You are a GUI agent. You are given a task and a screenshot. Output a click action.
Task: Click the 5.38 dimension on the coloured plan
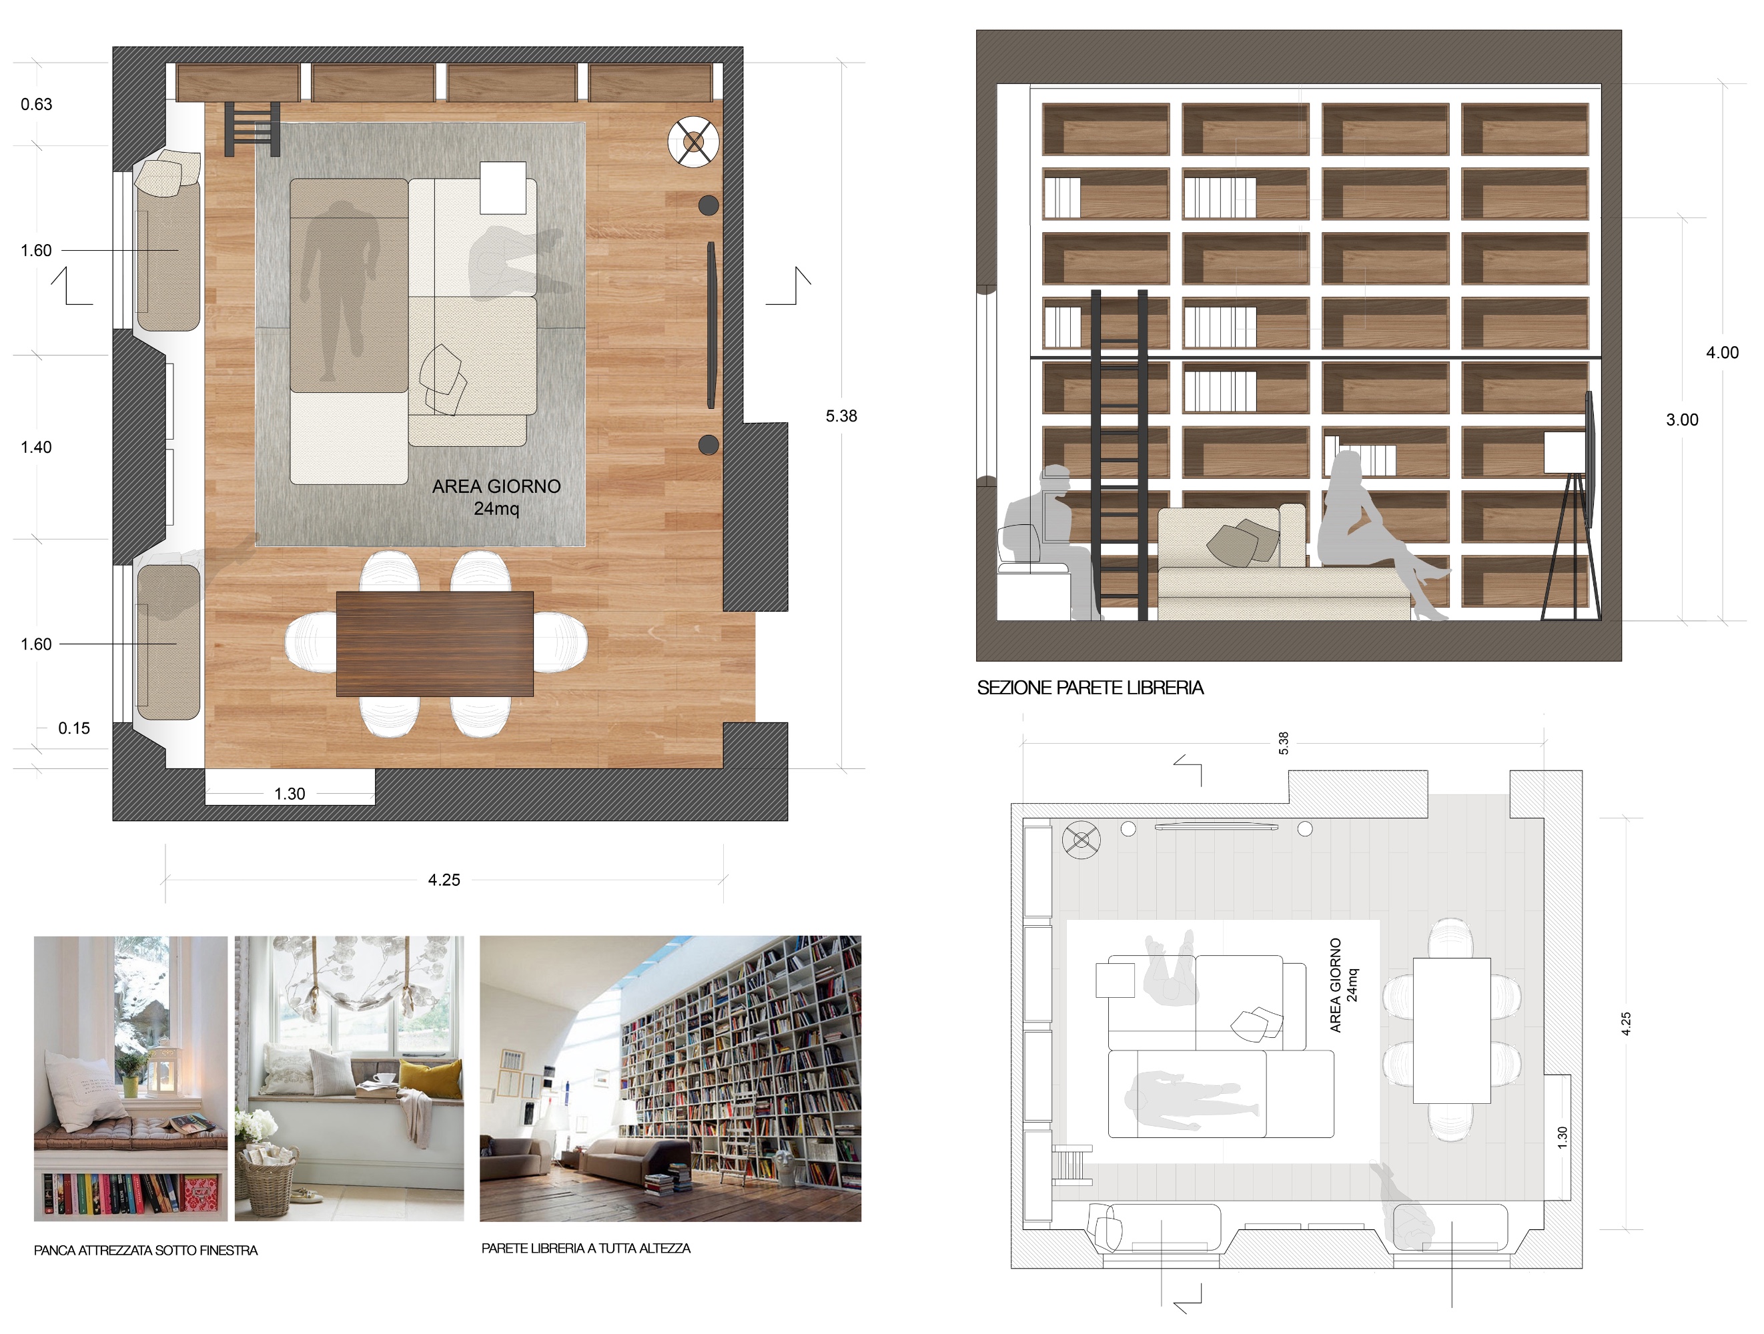(841, 416)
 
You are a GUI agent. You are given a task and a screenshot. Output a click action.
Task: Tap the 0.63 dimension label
(37, 105)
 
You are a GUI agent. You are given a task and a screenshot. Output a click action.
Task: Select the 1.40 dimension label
(36, 448)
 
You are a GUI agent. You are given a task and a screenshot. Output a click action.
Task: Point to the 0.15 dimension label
(74, 728)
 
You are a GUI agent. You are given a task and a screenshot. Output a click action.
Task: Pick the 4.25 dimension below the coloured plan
(444, 880)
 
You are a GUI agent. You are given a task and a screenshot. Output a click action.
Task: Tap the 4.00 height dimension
(1723, 352)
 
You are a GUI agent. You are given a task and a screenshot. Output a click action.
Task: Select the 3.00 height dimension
(1683, 420)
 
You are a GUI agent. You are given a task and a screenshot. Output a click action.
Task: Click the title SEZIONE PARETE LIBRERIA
(1090, 688)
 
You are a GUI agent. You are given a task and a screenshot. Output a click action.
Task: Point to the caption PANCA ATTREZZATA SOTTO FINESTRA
(146, 1250)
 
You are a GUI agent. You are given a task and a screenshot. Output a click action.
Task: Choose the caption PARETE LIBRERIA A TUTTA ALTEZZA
(586, 1249)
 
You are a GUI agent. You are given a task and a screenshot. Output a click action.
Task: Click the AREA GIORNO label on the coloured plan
(496, 486)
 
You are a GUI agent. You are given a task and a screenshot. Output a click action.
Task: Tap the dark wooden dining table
(434, 644)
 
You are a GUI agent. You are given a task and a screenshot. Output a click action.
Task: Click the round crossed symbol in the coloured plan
(694, 142)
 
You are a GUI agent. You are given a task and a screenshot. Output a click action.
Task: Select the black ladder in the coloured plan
(252, 128)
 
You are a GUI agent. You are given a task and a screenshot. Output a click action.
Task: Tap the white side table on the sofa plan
(503, 187)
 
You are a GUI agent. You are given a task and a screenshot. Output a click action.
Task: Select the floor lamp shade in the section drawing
(1565, 453)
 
